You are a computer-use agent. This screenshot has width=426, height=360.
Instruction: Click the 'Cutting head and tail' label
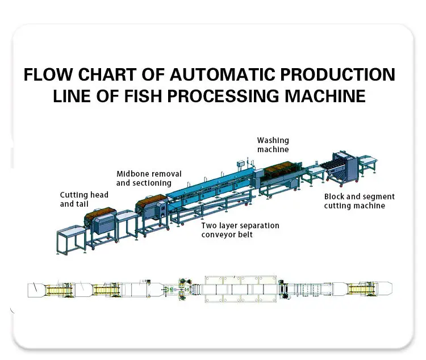[84, 199]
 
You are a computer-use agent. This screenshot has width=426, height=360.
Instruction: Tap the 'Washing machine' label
[273, 145]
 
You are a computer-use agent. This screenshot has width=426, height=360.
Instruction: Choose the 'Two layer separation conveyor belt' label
[240, 229]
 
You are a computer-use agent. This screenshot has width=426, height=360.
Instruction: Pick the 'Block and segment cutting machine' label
[359, 201]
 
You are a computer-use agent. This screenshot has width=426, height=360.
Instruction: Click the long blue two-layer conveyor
[210, 187]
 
